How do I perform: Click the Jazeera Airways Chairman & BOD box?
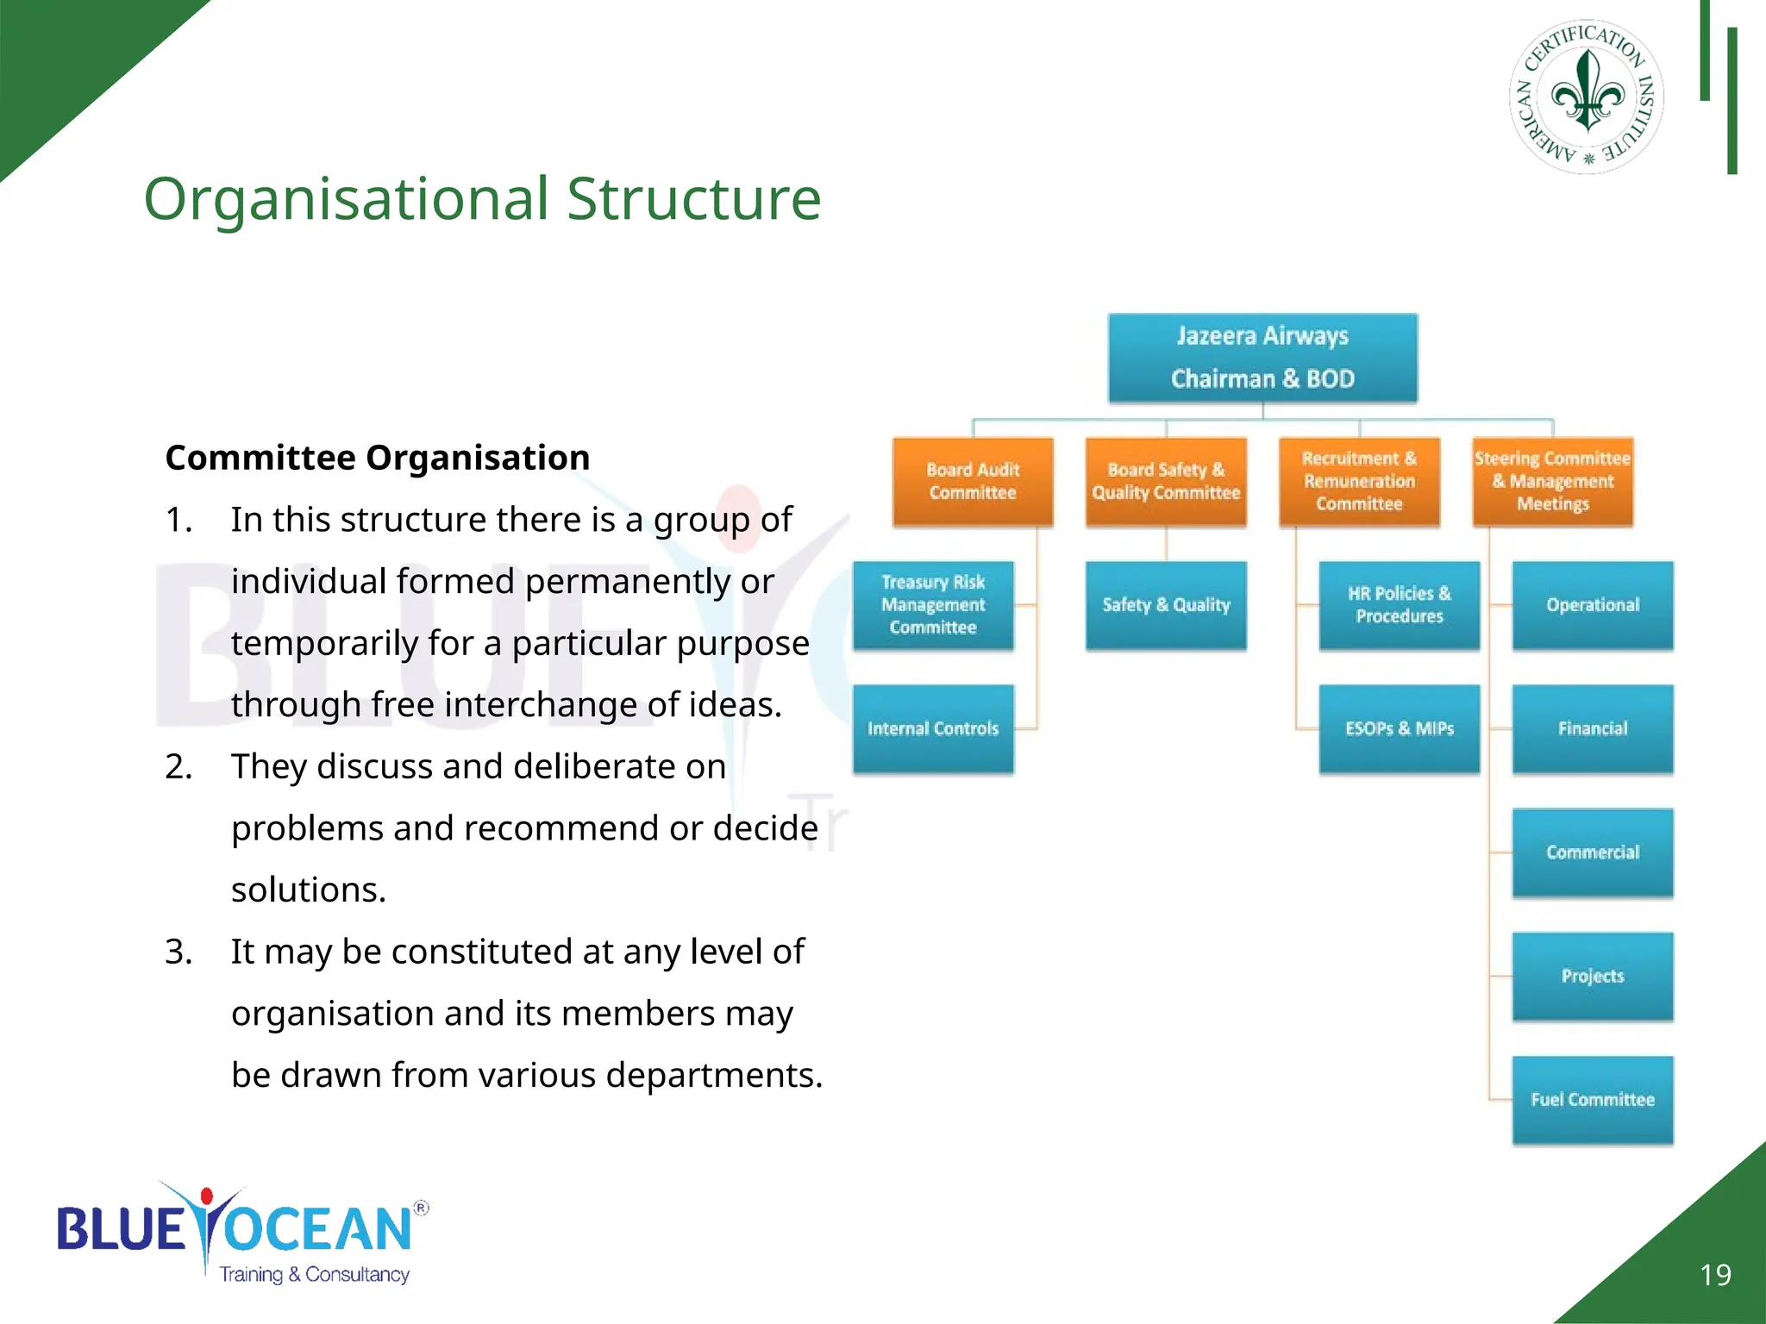tap(1262, 358)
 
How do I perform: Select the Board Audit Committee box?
tap(973, 482)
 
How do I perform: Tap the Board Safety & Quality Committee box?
tap(1166, 482)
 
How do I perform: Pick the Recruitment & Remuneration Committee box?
tap(1359, 482)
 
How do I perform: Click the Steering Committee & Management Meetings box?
tap(1552, 482)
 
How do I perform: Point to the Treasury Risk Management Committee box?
tap(933, 605)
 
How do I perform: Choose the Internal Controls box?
tap(933, 729)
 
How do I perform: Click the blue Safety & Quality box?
tap(1166, 605)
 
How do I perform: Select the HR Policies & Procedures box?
tap(1399, 605)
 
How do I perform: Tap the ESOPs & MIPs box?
tap(1399, 729)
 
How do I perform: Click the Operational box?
tap(1592, 605)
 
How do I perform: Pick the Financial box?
tap(1592, 729)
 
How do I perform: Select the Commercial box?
tap(1592, 852)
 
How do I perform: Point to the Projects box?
tap(1592, 977)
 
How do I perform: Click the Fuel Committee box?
tap(1592, 1100)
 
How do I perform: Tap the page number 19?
tap(1715, 1275)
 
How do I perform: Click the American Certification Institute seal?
tap(1587, 97)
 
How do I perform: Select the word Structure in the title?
tap(693, 199)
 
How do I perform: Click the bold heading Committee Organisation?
tap(378, 458)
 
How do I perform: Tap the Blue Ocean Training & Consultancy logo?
tap(241, 1233)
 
